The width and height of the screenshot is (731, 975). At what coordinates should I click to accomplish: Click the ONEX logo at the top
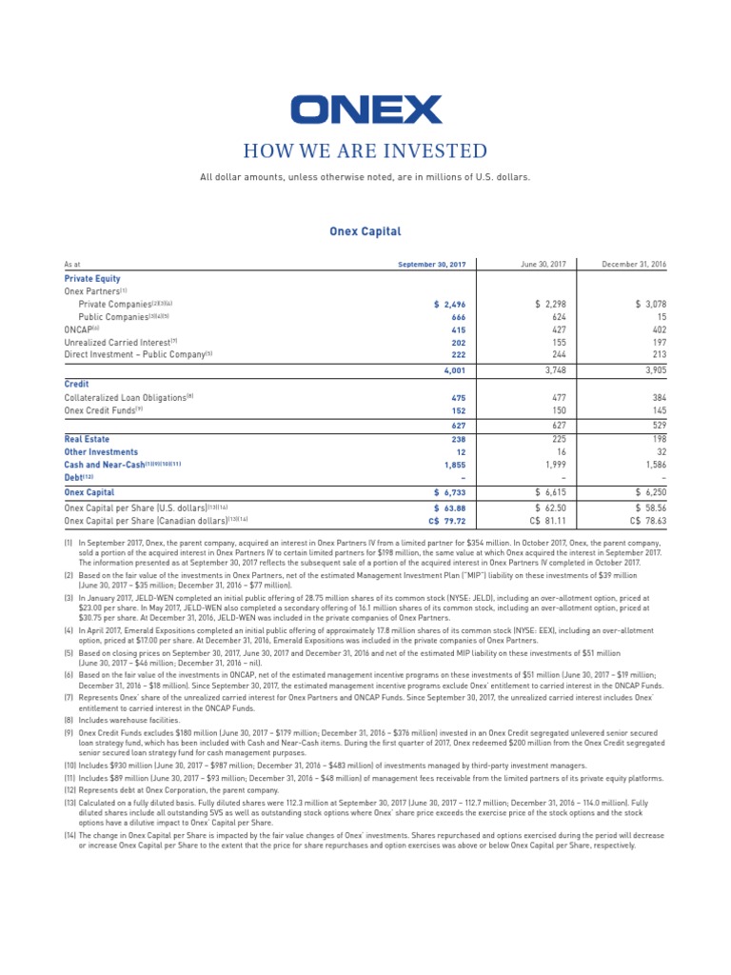[x=365, y=109]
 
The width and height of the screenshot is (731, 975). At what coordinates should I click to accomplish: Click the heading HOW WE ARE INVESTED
[x=365, y=151]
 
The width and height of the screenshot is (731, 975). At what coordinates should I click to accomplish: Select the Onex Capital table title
[x=365, y=231]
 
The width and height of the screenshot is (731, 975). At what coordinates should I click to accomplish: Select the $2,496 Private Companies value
[x=449, y=304]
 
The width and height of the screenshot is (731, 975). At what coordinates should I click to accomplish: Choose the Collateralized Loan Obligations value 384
[x=655, y=398]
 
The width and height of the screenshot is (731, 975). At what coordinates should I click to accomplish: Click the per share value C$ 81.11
[x=543, y=521]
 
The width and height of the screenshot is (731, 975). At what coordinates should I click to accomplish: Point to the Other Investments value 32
[x=659, y=452]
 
